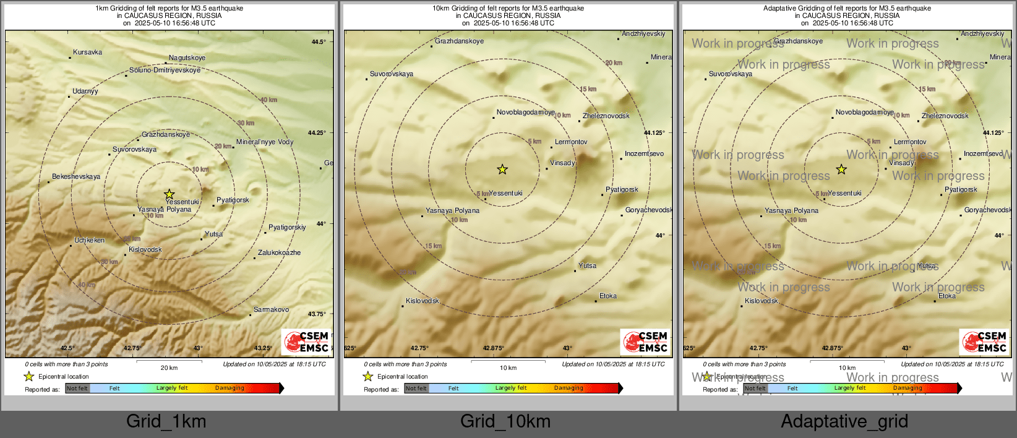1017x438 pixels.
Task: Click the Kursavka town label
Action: pos(87,53)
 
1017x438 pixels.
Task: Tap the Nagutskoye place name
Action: pos(187,58)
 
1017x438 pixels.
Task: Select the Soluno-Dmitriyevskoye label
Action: pos(165,71)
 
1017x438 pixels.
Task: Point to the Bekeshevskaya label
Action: pos(76,177)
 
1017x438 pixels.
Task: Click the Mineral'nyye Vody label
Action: pos(265,142)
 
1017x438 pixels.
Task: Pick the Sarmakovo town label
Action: pos(271,310)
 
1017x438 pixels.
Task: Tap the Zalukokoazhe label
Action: pos(279,253)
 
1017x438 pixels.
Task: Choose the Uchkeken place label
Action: pos(89,241)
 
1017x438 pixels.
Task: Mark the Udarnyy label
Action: pos(85,92)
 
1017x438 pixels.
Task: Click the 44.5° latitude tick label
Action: pos(318,42)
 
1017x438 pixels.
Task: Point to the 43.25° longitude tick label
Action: pos(263,348)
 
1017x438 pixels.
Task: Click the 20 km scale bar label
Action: pos(169,368)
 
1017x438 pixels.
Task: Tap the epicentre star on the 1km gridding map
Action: pos(169,194)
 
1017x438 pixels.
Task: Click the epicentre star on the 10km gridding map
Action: pos(502,169)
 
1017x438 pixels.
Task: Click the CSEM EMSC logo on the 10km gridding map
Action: pos(645,342)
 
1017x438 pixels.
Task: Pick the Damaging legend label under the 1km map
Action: pos(230,389)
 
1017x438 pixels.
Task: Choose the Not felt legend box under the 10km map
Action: pos(416,389)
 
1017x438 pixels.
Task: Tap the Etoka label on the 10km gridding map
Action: pos(607,296)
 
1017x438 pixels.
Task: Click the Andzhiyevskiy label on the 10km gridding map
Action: pos(643,34)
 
